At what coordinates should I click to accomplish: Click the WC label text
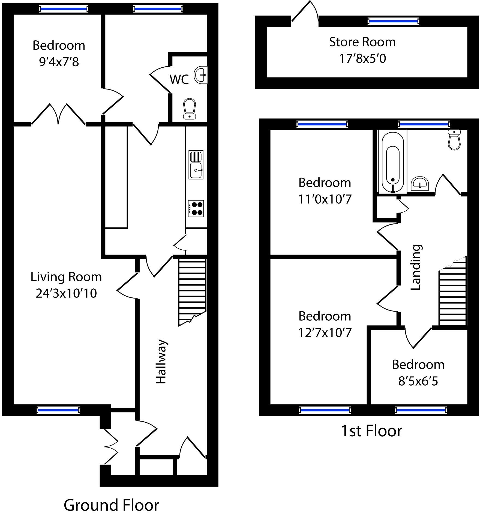(x=179, y=79)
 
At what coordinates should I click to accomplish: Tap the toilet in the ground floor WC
(x=190, y=109)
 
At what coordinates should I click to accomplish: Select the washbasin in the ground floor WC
(x=201, y=74)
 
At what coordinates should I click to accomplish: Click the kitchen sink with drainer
(x=196, y=165)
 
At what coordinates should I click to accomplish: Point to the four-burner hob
(x=196, y=208)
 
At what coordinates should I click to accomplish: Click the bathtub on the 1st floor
(x=392, y=162)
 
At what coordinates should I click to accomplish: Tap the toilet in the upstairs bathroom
(x=454, y=140)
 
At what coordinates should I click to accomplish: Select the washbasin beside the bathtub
(x=420, y=183)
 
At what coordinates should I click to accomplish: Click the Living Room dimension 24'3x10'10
(x=66, y=293)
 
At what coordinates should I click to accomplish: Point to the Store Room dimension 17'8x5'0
(x=362, y=58)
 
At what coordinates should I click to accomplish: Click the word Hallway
(x=161, y=362)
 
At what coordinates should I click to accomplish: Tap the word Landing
(x=416, y=267)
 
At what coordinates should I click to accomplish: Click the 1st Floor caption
(x=371, y=431)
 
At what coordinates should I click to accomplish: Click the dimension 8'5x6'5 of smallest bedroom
(x=418, y=381)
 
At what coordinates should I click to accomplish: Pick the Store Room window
(x=393, y=21)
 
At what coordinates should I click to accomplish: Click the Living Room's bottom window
(x=58, y=410)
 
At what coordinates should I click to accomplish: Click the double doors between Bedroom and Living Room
(x=58, y=115)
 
